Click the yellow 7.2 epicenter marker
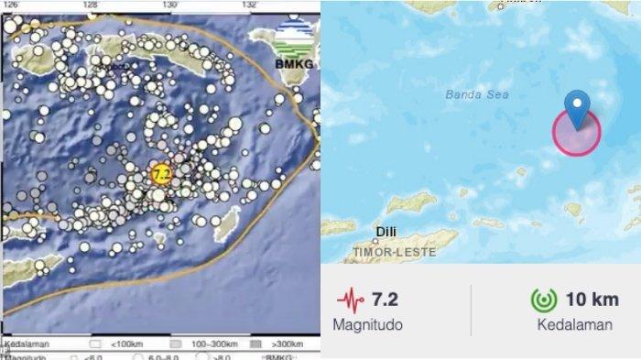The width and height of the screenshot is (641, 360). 161,174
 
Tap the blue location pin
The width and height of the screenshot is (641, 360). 577,108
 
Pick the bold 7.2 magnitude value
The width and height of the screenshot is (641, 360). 386,299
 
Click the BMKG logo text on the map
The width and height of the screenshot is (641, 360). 292,63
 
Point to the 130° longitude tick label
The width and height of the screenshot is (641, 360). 170,5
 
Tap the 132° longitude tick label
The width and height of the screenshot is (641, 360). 250,5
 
